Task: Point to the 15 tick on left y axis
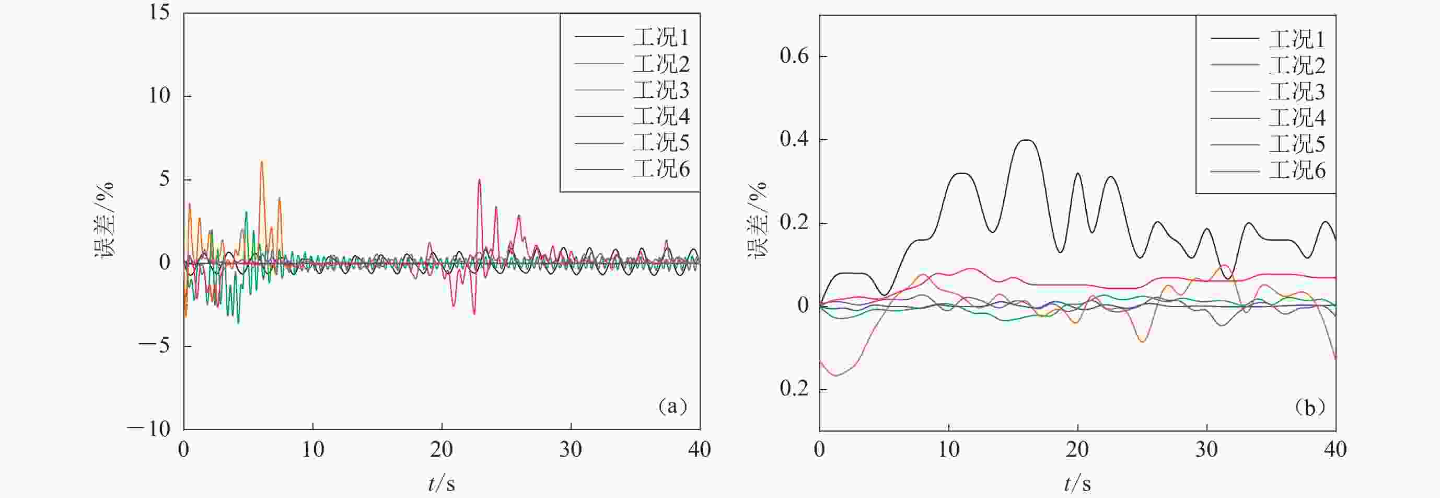tap(159, 13)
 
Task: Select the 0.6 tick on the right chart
tap(794, 56)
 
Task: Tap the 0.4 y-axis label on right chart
tap(794, 139)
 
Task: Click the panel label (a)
tap(672, 406)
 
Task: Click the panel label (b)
tap(1310, 408)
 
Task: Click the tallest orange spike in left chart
tap(262, 162)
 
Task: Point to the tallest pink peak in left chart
tap(479, 180)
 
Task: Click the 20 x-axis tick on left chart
tap(442, 449)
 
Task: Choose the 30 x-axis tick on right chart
tap(1206, 449)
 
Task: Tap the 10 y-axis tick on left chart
tap(159, 96)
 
